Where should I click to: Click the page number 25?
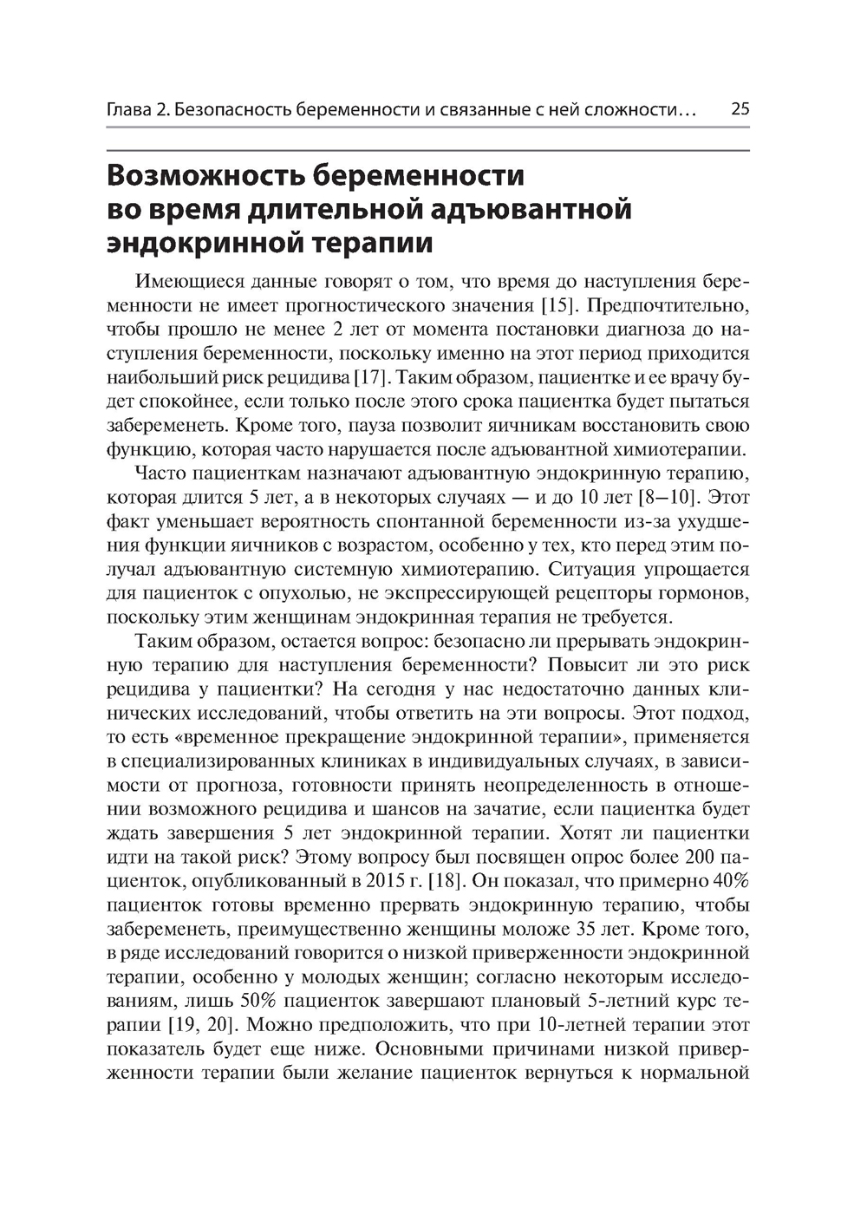(x=740, y=110)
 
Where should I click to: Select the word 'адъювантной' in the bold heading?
(x=534, y=210)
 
